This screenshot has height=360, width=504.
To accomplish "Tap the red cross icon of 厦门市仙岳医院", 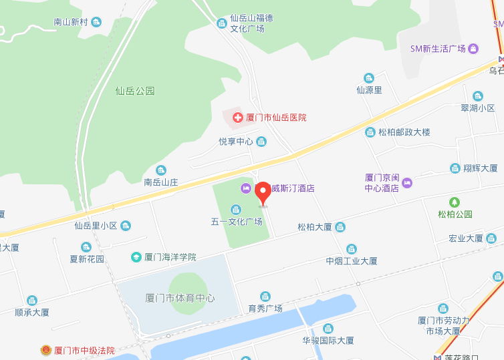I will pos(237,118).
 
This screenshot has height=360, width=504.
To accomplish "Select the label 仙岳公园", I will pos(134,91).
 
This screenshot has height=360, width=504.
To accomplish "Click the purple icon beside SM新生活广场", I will pos(473,49).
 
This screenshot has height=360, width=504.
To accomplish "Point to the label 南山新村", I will pos(70,22).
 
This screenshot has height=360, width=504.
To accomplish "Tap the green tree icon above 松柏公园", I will pos(455,202).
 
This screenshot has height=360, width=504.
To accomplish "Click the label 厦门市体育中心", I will pos(180,298).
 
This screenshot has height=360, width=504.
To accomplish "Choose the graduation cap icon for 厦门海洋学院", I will pos(136,256).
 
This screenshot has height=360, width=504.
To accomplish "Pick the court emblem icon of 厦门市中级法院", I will pos(45,350).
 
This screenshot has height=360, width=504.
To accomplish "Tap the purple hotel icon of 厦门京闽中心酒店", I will pos(407,182).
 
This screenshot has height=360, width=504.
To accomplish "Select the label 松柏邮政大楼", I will pos(404,132).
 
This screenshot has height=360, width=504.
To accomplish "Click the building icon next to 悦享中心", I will pos(261,141).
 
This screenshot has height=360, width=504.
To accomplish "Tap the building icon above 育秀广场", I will pos(265,296).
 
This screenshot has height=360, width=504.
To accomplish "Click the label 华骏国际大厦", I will pos(328,341).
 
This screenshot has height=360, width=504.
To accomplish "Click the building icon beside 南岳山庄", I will pos(160,170).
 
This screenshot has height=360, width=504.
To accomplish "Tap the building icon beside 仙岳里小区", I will pos(126,226).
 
